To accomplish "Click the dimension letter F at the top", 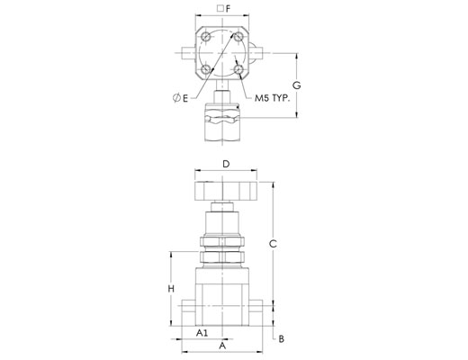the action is [x=228, y=9].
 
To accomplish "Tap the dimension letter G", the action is [x=296, y=85].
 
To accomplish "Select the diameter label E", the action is [x=181, y=98].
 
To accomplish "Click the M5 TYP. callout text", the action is [x=273, y=98].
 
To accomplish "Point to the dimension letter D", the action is [x=226, y=164].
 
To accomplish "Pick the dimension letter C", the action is [x=273, y=244].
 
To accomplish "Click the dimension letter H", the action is [x=171, y=289].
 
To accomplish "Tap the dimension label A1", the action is [x=202, y=333].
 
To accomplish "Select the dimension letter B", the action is [x=281, y=339].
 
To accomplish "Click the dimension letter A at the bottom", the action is [x=222, y=346].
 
